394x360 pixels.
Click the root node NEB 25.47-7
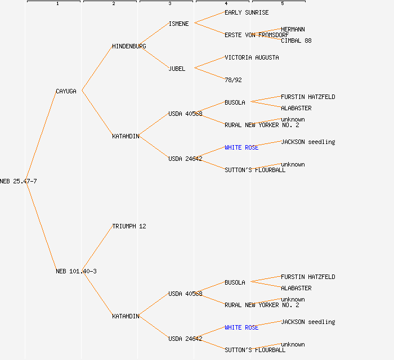tap(18, 181)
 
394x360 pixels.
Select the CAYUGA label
tap(66, 91)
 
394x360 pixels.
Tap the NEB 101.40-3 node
tap(76, 271)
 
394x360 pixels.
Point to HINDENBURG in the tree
tap(129, 46)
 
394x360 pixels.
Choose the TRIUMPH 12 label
tap(129, 226)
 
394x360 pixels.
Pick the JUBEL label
tap(177, 69)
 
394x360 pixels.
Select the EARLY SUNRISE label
tap(247, 12)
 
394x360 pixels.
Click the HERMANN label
tap(293, 29)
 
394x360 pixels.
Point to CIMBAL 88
tap(296, 40)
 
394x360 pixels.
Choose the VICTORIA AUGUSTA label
tap(252, 57)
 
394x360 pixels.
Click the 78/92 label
tap(233, 80)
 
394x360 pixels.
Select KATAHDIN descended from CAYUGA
tap(126, 136)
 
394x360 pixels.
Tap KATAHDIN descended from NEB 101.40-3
tap(126, 316)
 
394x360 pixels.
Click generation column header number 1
tap(57, 3)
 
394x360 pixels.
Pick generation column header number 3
tap(169, 3)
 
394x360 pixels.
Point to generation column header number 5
tap(282, 3)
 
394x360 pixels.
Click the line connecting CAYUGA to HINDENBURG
tap(97, 68)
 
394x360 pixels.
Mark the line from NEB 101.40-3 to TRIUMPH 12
tap(97, 249)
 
